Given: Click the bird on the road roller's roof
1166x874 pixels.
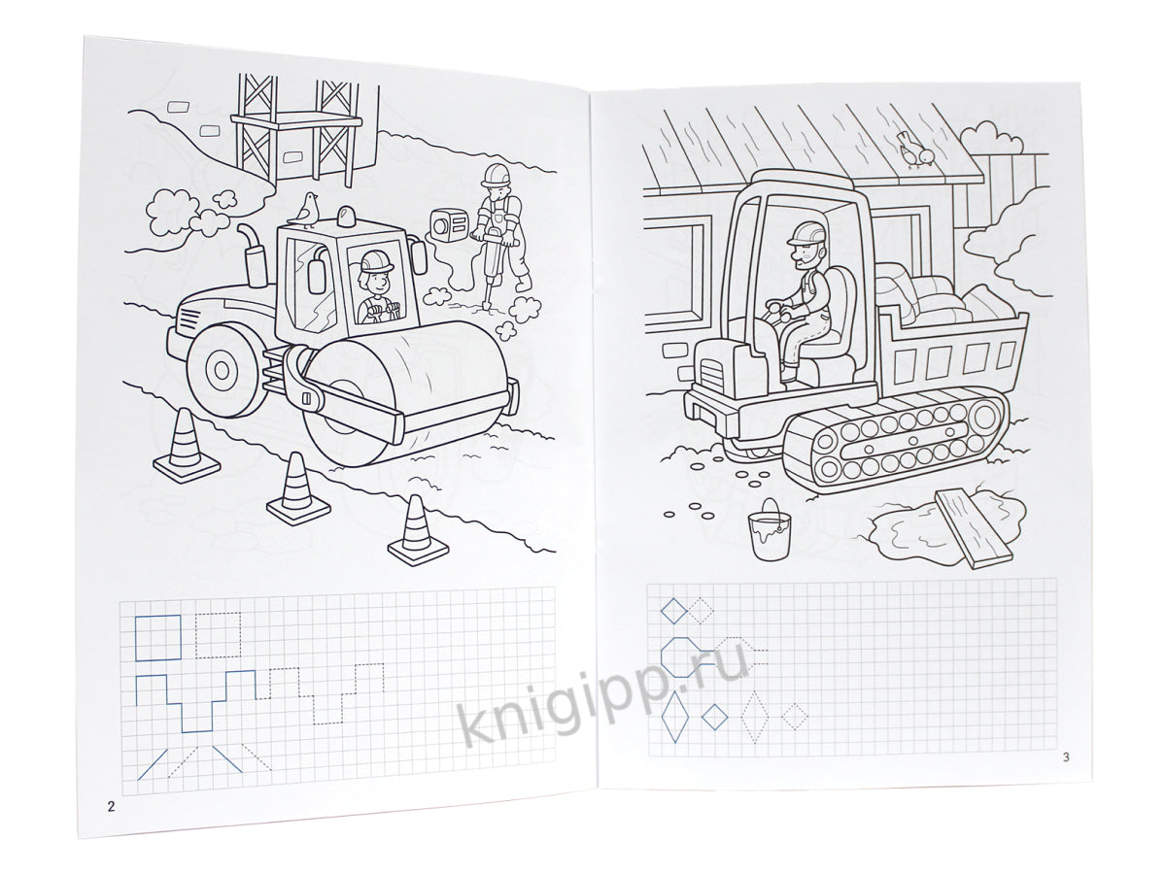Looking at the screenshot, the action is (304, 210).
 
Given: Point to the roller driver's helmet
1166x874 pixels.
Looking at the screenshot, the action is (377, 261).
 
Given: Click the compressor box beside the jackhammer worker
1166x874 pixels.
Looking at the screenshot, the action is (449, 225).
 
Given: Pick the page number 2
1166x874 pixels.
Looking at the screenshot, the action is (111, 807).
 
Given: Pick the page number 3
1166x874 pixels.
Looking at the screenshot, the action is (1066, 757).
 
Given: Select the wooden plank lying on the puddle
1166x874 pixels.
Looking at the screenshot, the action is (974, 528).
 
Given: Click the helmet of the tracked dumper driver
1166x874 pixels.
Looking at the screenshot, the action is (806, 232).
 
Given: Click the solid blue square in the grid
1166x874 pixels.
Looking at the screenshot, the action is (158, 637).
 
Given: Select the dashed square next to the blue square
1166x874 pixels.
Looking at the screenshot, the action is (219, 635).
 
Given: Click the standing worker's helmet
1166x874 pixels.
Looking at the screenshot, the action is (496, 174).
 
